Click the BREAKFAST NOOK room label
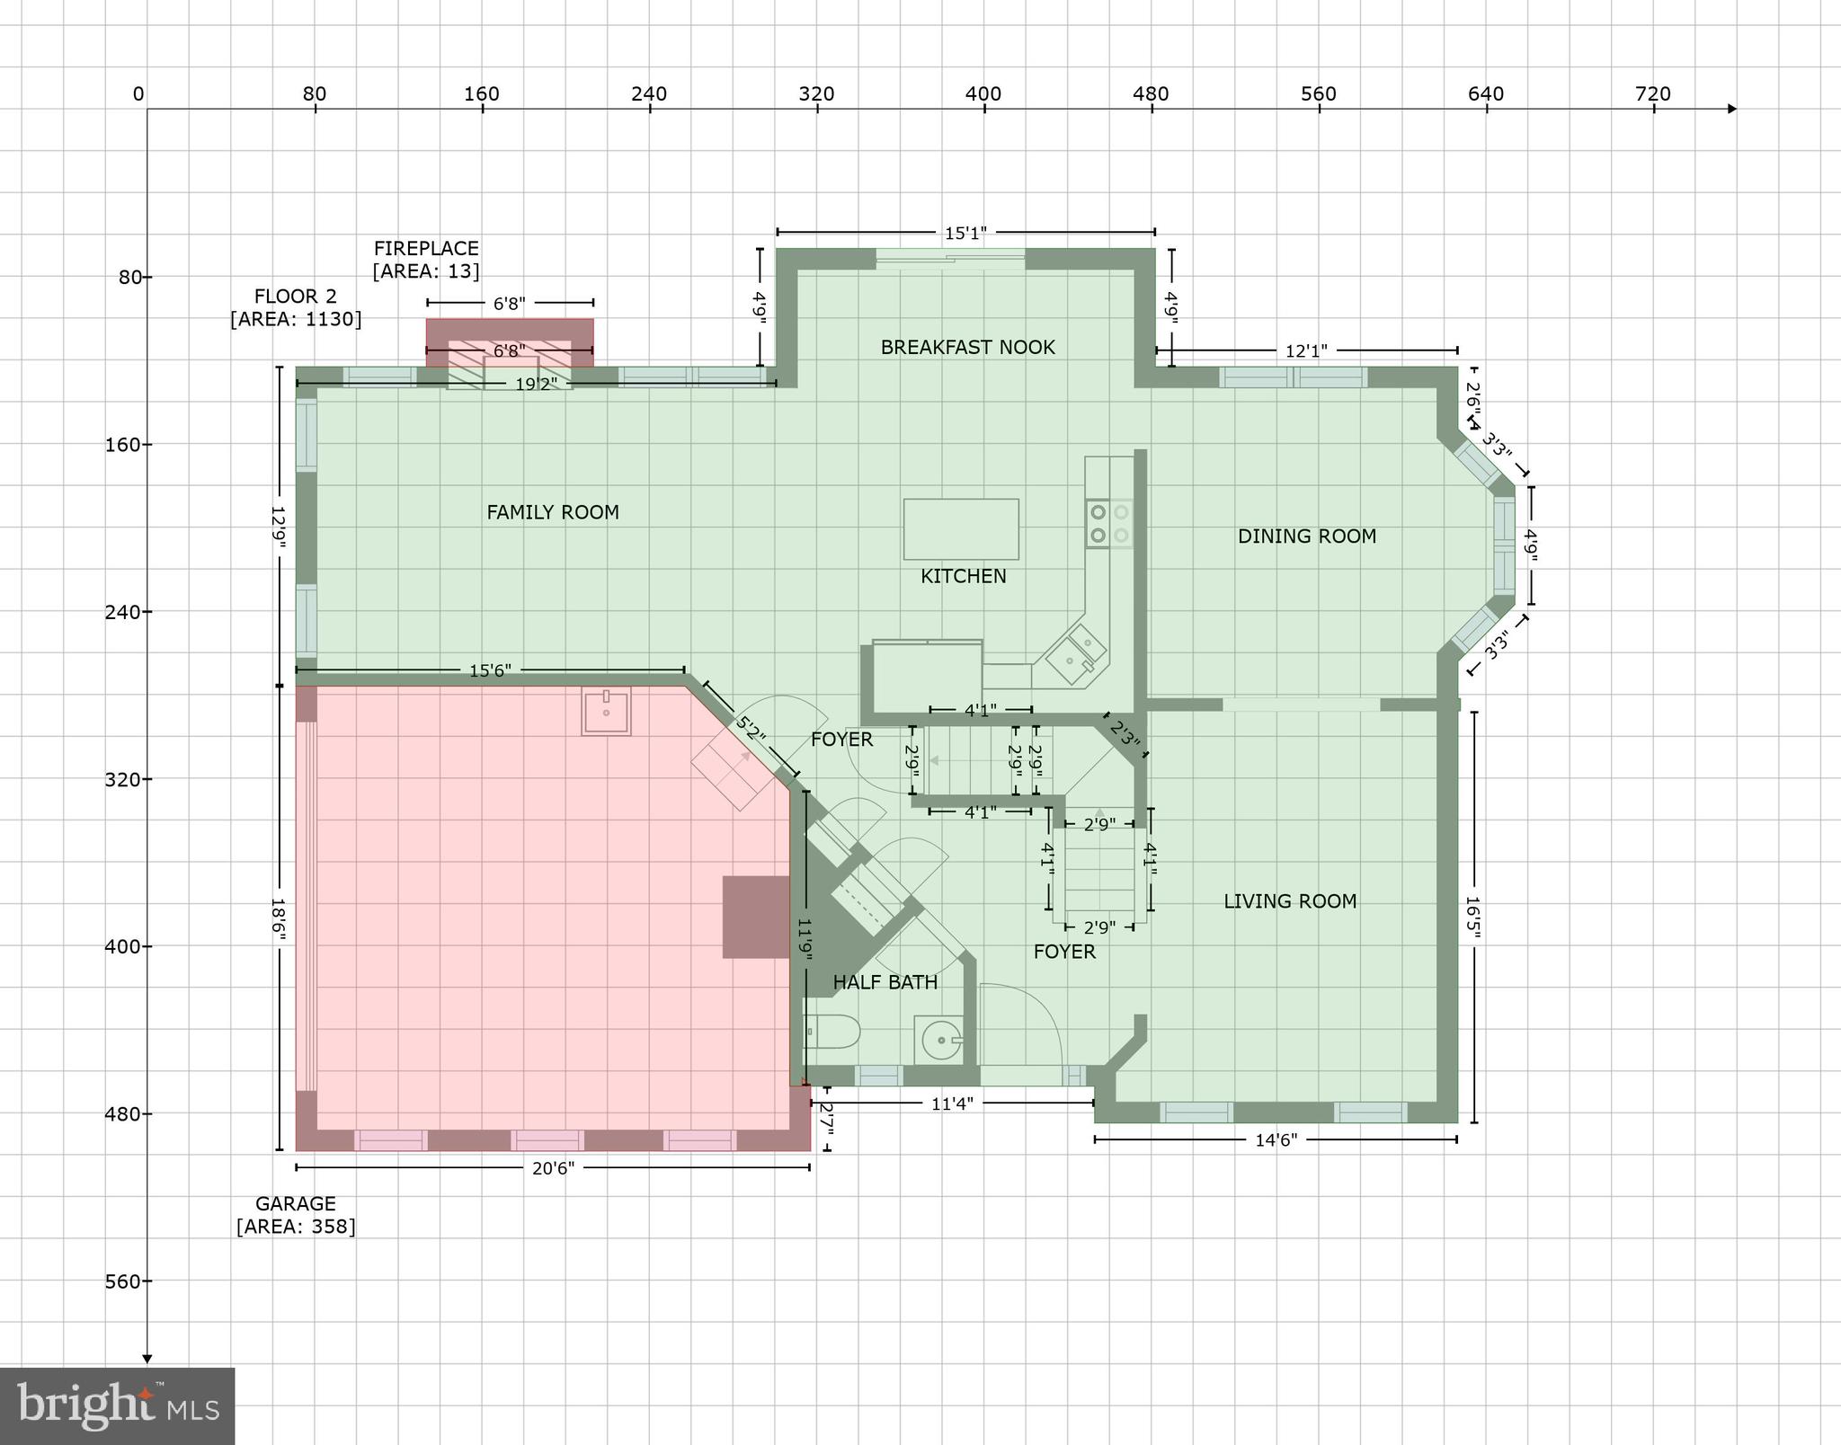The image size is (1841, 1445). point(967,347)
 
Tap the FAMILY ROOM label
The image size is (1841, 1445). point(553,512)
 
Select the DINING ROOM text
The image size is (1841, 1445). point(1306,536)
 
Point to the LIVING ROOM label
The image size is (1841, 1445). point(1290,901)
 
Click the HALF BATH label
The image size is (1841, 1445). point(885,982)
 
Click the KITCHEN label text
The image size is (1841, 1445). point(963,576)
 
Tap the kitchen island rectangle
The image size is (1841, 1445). point(961,529)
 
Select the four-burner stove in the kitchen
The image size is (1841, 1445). point(1109,524)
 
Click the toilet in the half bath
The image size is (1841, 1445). point(832,1032)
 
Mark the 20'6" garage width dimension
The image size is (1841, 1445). point(552,1167)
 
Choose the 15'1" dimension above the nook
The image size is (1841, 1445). point(965,234)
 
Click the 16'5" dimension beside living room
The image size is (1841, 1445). point(1472,917)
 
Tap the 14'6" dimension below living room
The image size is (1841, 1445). point(1276,1140)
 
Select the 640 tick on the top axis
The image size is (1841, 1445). point(1486,94)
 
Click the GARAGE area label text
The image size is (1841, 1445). point(296,1215)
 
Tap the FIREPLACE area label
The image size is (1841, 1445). point(426,260)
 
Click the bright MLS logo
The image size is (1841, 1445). point(117,1405)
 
